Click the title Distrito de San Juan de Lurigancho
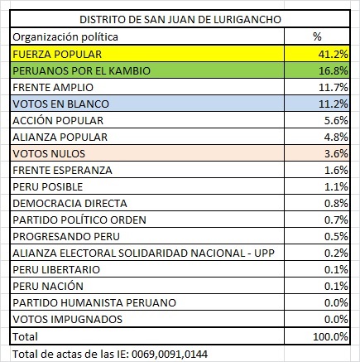(179, 18)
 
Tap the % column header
(317, 36)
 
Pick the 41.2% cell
(335, 53)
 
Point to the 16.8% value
(335, 70)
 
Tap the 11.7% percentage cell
(335, 86)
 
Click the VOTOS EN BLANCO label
(57, 103)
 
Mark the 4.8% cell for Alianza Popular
(338, 137)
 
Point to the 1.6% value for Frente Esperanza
(338, 170)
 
